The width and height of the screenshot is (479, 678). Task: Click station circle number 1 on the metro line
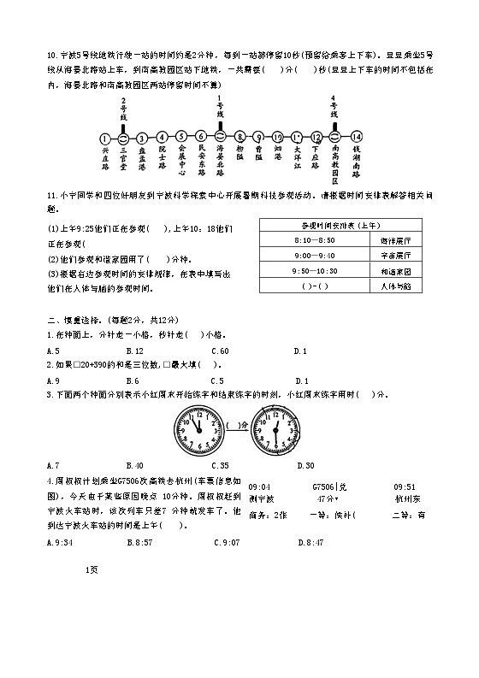pyautogui.click(x=104, y=137)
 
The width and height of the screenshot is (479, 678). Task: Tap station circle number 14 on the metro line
pyautogui.click(x=357, y=137)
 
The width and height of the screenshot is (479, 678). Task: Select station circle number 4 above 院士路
pyautogui.click(x=162, y=137)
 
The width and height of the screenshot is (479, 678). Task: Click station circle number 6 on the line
pyautogui.click(x=200, y=137)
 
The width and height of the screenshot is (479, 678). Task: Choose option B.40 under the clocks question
pyautogui.click(x=134, y=465)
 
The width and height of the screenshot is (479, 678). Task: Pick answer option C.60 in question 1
pyautogui.click(x=221, y=351)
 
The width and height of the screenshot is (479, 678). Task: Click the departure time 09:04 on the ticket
pyautogui.click(x=259, y=486)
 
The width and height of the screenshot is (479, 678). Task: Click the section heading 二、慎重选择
pyautogui.click(x=77, y=318)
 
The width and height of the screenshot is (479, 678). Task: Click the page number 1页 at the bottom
pyautogui.click(x=93, y=569)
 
